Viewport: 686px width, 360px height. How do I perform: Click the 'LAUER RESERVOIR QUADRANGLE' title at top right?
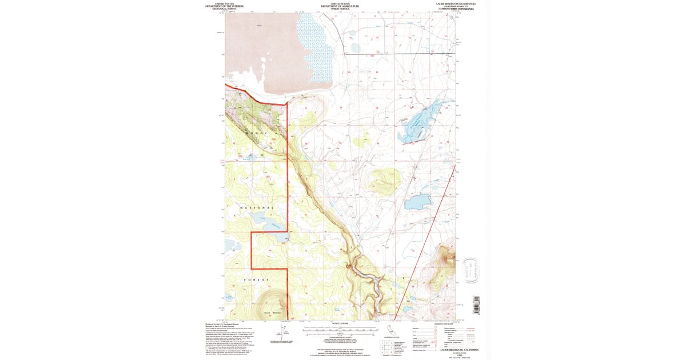(456, 3)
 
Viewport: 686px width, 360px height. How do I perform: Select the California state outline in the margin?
(390, 330)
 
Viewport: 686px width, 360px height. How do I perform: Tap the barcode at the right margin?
(474, 306)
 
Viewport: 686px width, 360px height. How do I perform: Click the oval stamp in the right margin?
(472, 271)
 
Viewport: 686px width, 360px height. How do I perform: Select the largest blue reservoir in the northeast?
(425, 121)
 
